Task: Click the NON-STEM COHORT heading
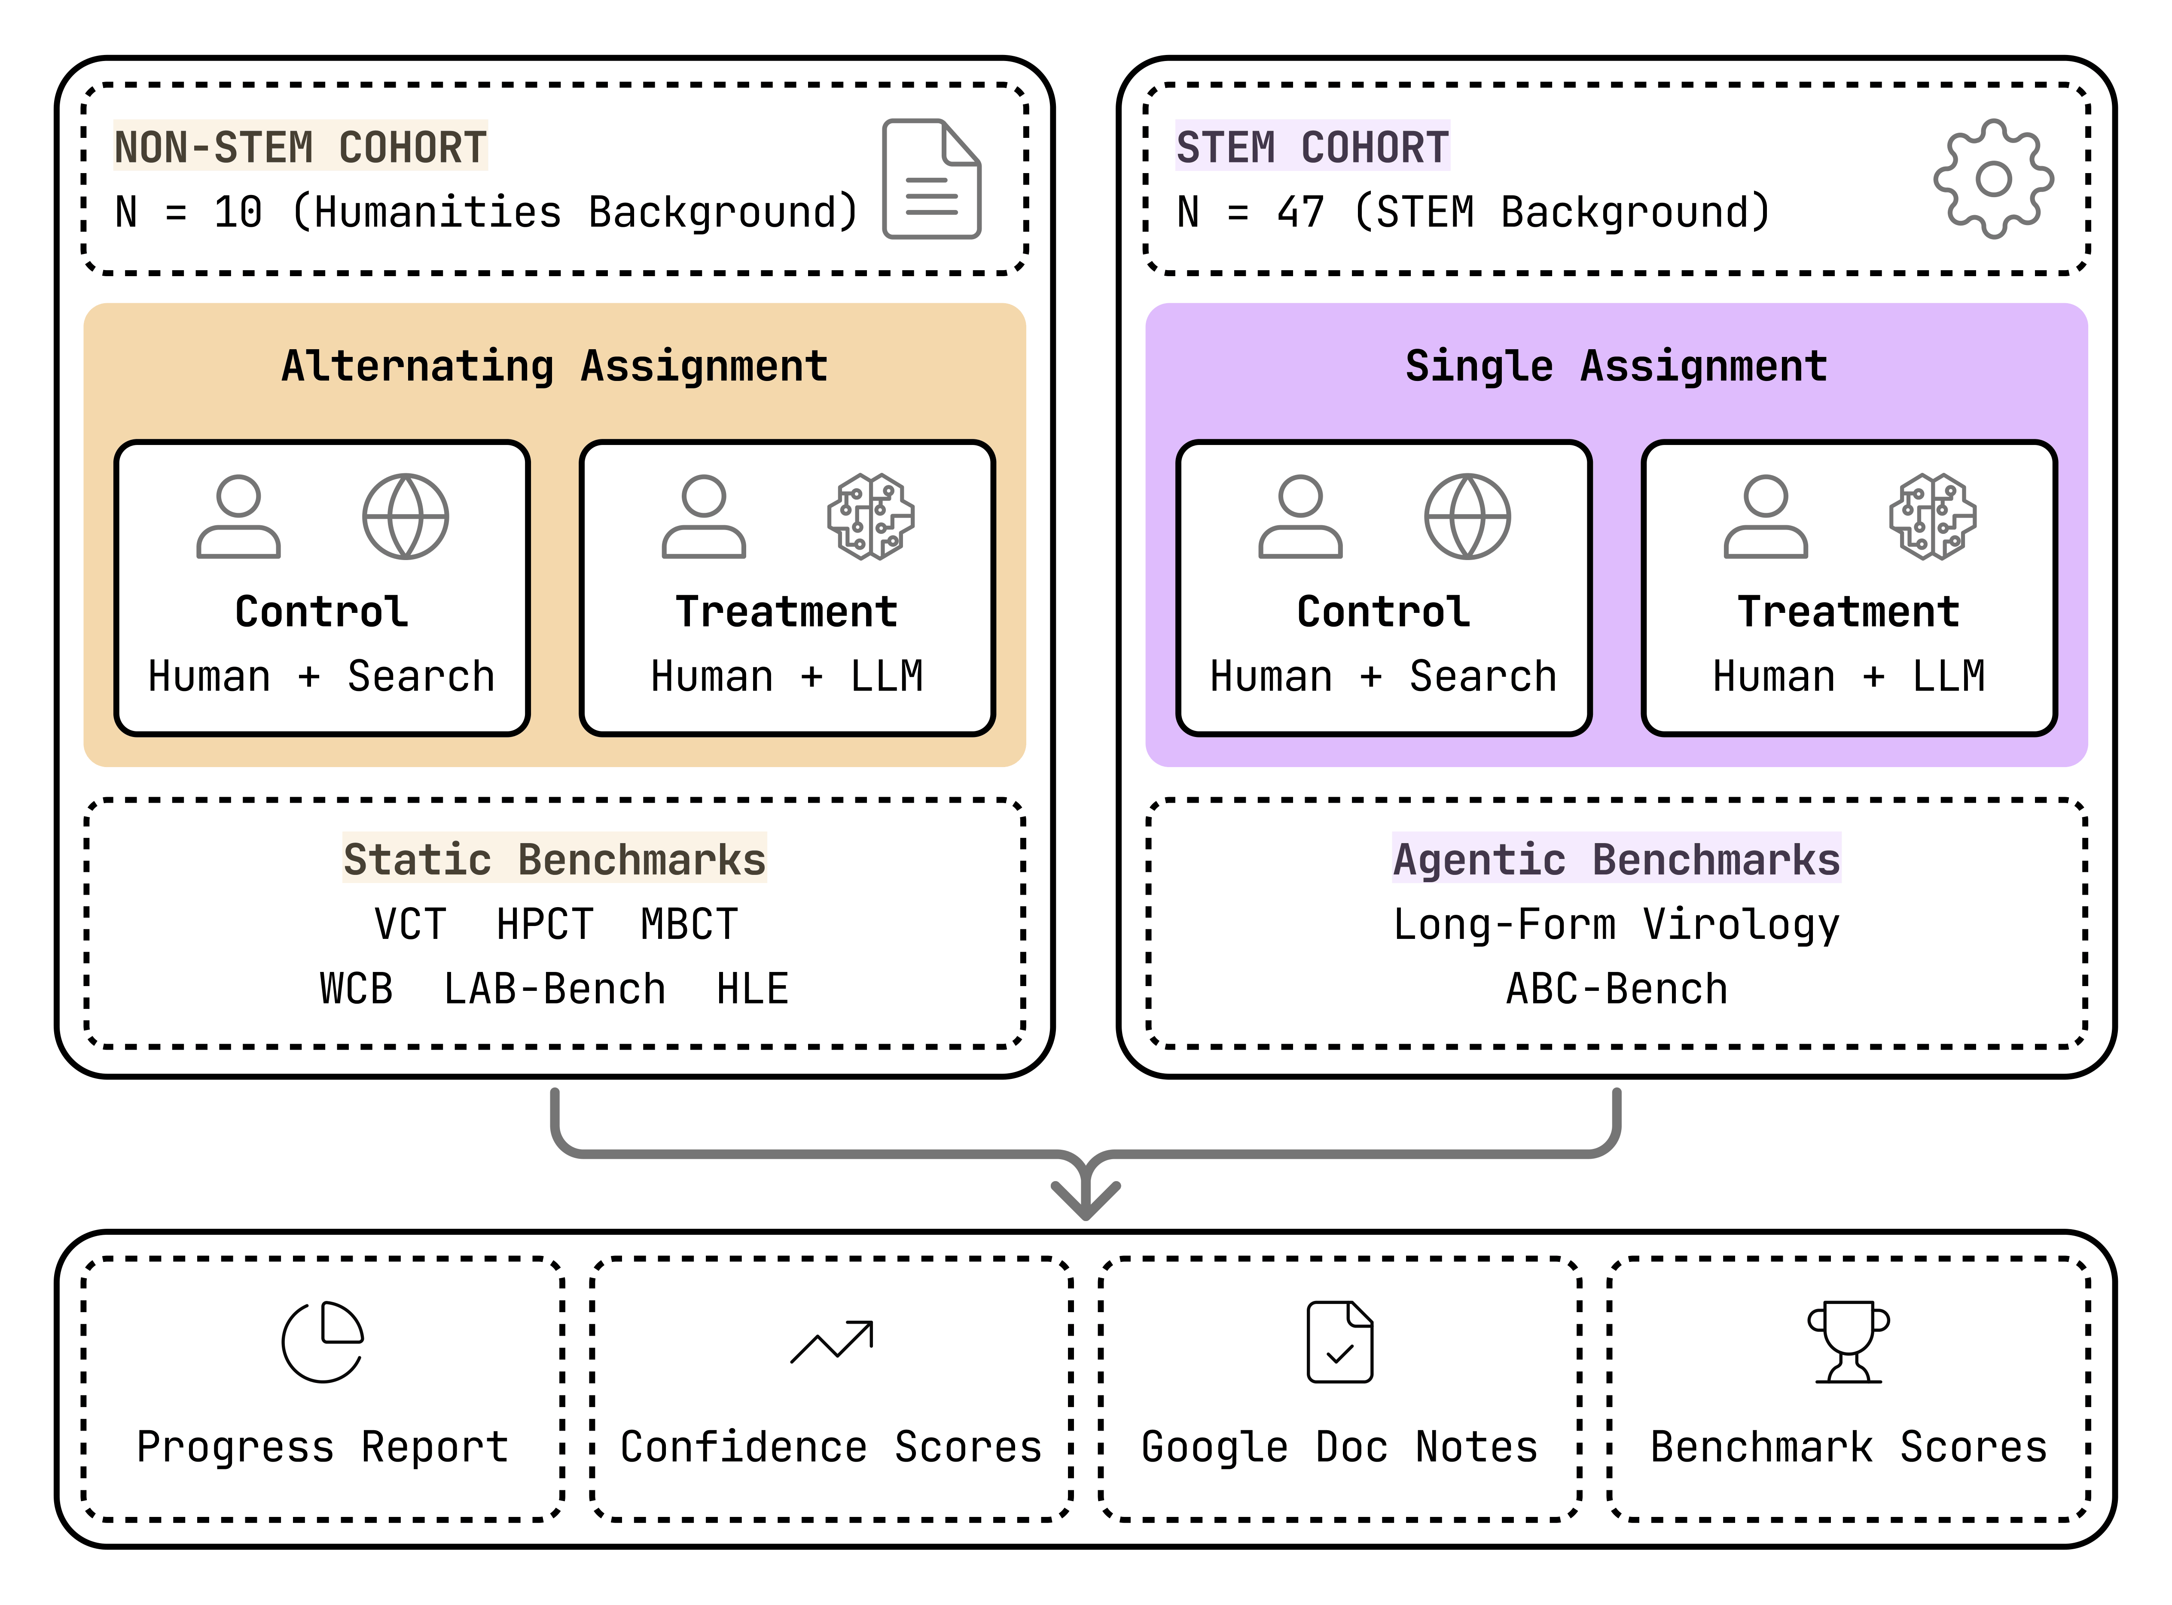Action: (300, 148)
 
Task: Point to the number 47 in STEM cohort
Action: (1300, 212)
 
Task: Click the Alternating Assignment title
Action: (554, 366)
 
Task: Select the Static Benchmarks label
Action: (554, 859)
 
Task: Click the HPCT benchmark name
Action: (544, 924)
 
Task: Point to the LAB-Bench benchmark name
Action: (554, 989)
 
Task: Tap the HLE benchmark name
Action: (752, 989)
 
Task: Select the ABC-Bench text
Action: (1616, 989)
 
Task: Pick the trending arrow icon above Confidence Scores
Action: (832, 1342)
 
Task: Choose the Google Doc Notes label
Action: (1339, 1447)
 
